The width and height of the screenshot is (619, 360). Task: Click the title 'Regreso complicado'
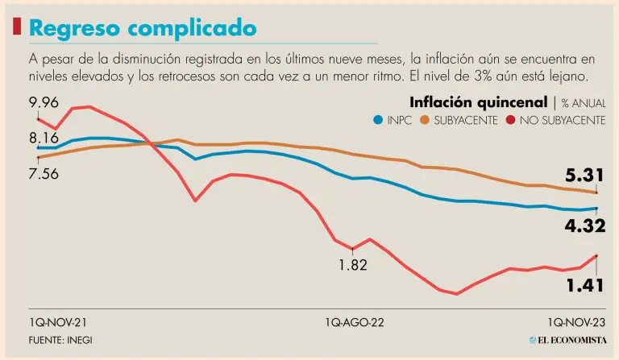click(143, 28)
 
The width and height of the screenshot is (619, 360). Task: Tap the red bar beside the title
click(17, 27)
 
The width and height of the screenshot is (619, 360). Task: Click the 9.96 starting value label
click(44, 102)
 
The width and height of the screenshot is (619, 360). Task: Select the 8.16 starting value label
click(44, 139)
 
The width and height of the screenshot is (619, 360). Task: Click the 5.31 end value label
click(584, 176)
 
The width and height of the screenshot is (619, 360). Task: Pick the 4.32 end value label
click(584, 227)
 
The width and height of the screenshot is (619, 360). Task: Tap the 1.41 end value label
click(584, 284)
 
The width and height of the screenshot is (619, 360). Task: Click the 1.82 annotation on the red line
click(353, 264)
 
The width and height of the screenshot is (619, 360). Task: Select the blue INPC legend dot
click(378, 120)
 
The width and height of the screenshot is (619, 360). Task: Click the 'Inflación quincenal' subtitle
click(478, 102)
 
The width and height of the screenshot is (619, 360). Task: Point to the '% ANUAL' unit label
click(584, 103)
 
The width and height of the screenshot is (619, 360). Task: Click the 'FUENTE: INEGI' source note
click(60, 340)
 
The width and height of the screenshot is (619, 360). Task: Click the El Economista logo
click(567, 340)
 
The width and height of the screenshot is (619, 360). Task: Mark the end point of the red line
click(596, 255)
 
